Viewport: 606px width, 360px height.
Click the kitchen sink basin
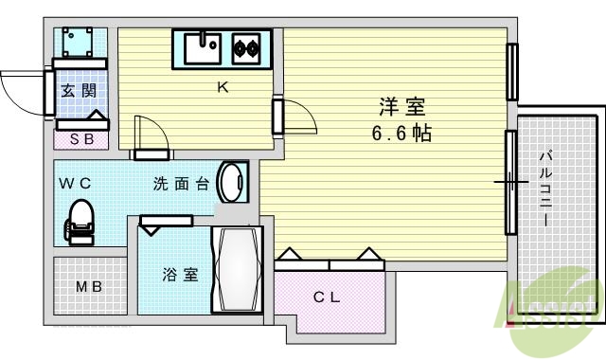[202, 45]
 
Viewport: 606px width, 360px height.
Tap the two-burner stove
[246, 45]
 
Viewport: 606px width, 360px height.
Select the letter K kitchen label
[223, 89]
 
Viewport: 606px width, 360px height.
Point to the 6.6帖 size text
[401, 134]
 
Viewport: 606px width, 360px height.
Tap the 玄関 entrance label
[78, 92]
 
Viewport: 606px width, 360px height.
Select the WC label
[75, 183]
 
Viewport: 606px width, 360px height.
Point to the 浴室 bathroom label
[180, 276]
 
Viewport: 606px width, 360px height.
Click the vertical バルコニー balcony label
[546, 189]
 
